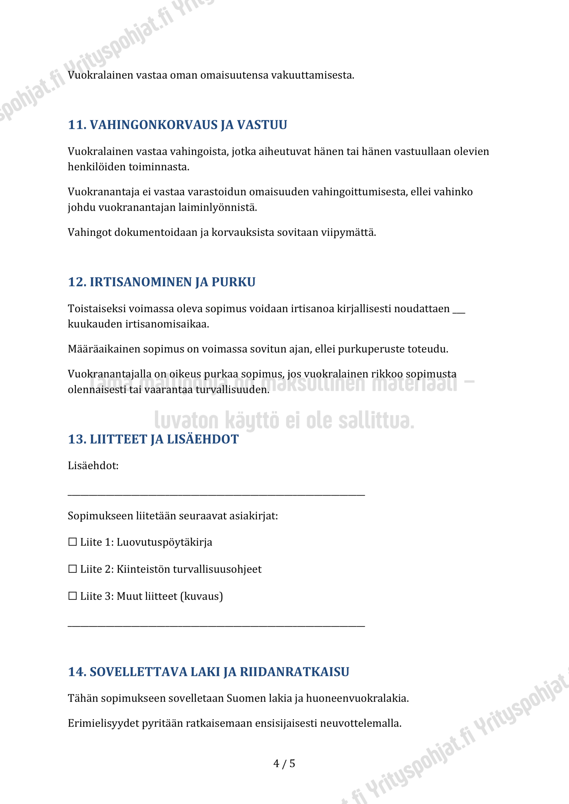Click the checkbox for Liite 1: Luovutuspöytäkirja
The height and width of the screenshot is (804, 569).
[73, 542]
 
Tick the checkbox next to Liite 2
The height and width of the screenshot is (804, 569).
[73, 569]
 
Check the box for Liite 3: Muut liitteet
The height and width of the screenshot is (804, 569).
[73, 596]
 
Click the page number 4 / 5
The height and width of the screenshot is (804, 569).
[284, 763]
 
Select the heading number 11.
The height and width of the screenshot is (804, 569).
[77, 125]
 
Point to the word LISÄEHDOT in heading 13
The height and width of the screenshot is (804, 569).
[203, 439]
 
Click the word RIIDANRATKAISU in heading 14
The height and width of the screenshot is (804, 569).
[294, 672]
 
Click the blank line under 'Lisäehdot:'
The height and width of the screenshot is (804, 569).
[216, 494]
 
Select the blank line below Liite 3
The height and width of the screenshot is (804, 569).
[216, 625]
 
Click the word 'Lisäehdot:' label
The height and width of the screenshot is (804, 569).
[93, 466]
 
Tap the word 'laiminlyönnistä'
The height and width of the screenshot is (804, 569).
[218, 208]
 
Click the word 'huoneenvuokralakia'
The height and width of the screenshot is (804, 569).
[357, 698]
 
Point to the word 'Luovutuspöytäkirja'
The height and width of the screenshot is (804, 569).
[164, 542]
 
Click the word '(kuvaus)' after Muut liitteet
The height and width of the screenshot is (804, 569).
[201, 596]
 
